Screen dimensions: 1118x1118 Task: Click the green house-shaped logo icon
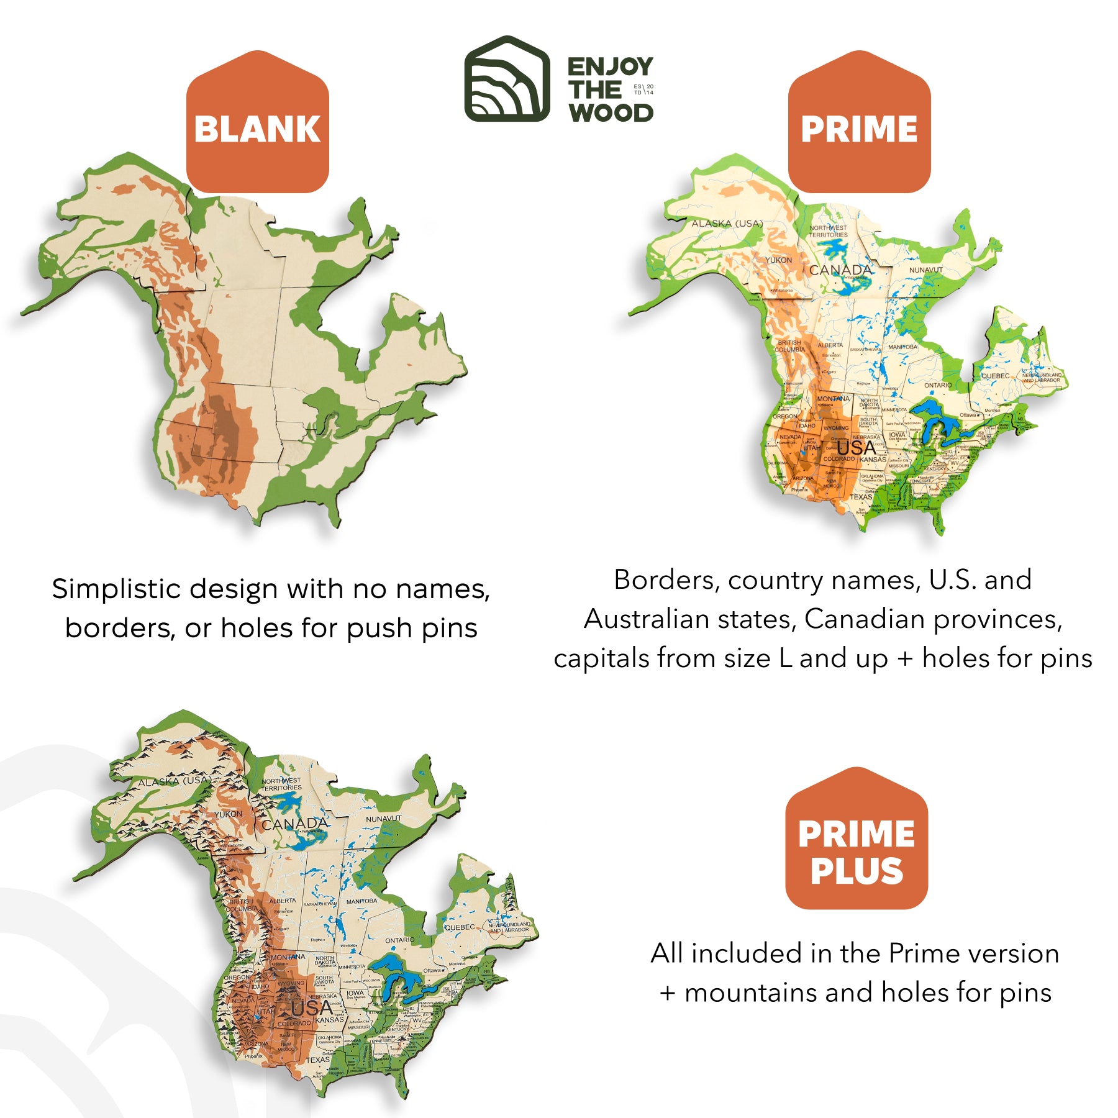pos(507,79)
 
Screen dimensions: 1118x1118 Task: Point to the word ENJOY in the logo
pos(610,66)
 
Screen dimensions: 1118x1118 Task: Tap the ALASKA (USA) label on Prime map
pos(727,224)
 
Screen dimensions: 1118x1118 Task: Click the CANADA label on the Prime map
pos(840,270)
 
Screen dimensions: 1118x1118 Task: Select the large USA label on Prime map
pos(856,448)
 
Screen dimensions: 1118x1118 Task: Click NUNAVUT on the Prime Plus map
pos(383,819)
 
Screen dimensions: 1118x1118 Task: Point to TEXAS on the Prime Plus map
pos(317,1060)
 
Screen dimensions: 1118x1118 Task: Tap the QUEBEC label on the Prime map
pos(995,376)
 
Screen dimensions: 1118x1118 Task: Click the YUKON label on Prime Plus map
pos(229,814)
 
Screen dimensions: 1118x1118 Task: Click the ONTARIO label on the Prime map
pos(937,385)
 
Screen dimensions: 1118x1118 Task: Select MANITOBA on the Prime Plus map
pos(361,901)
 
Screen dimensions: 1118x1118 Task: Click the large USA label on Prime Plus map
pos(312,1007)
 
